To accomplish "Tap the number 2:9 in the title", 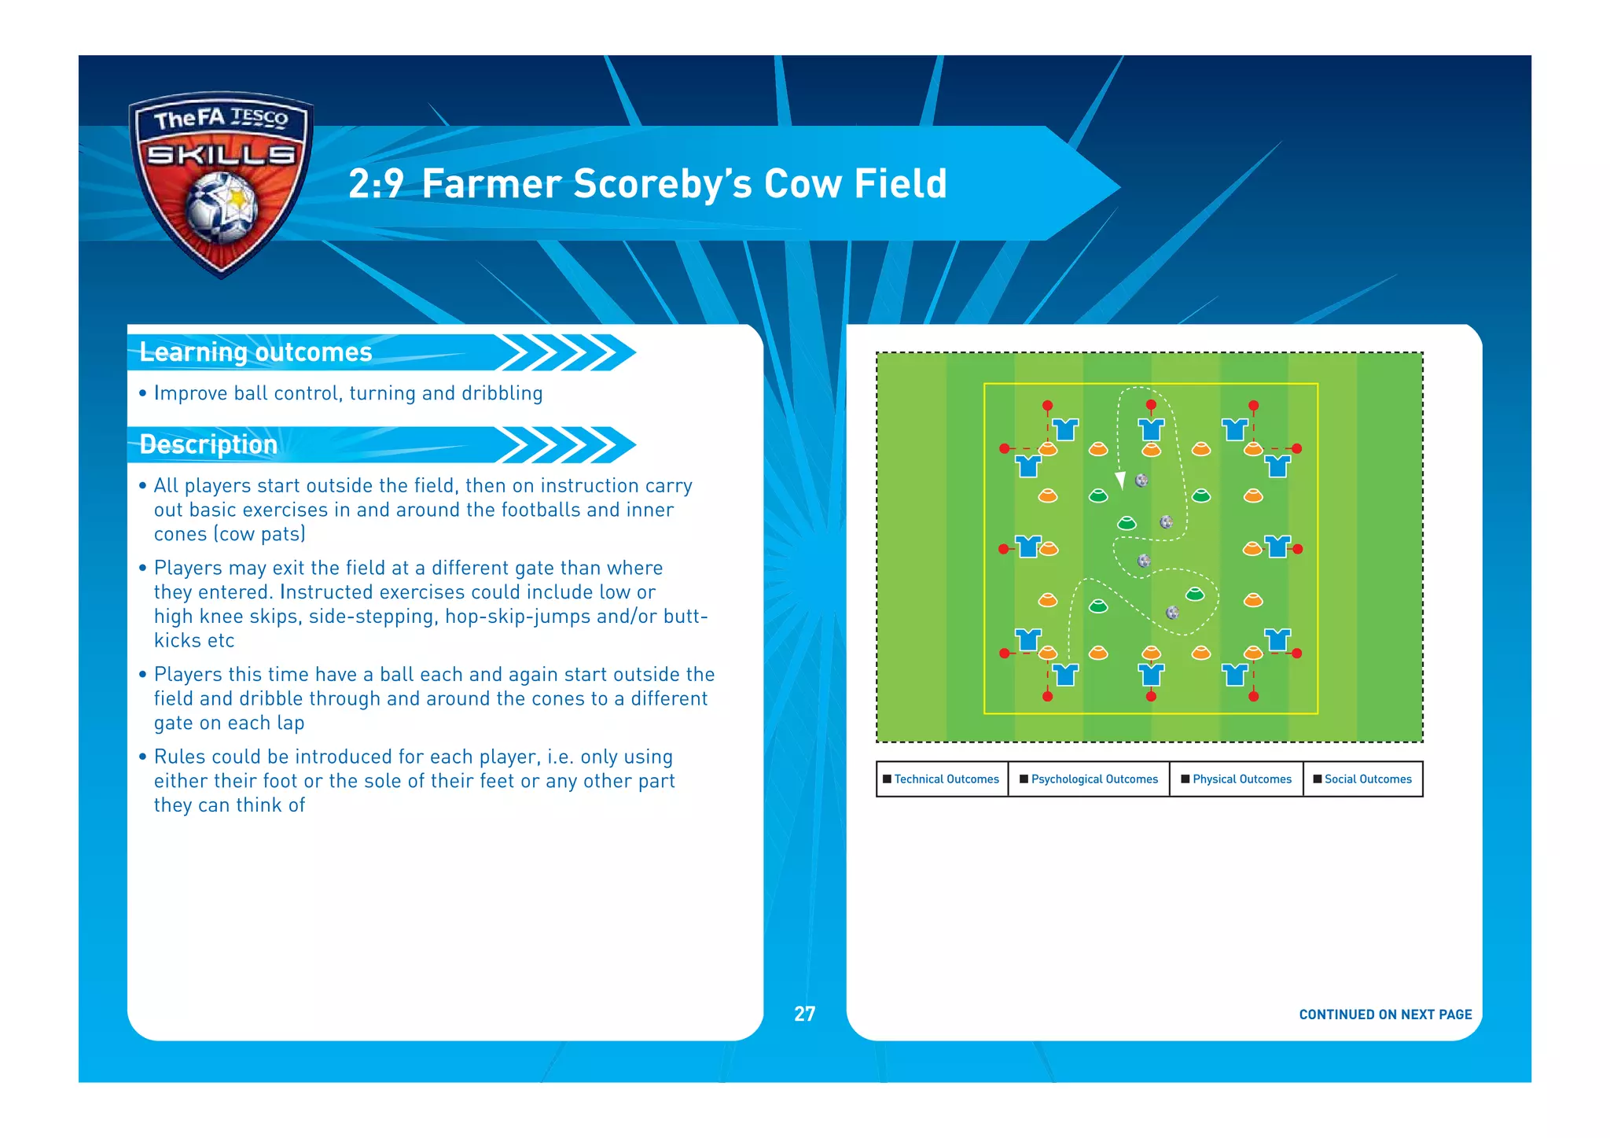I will [375, 184].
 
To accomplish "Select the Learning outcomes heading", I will [255, 352].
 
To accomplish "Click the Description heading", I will [208, 444].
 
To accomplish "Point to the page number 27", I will [804, 1014].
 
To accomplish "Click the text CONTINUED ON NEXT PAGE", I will [1385, 1015].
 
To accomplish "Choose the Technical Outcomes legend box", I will [942, 779].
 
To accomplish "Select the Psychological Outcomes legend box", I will [1089, 779].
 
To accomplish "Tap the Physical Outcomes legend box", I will [1237, 779].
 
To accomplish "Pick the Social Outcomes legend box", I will [1363, 779].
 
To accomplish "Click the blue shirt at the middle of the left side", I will [1027, 546].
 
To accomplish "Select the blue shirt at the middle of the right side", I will [1277, 546].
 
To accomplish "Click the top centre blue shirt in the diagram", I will [1151, 429].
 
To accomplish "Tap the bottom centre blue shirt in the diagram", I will [1151, 675].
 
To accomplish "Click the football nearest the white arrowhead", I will [1142, 480].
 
